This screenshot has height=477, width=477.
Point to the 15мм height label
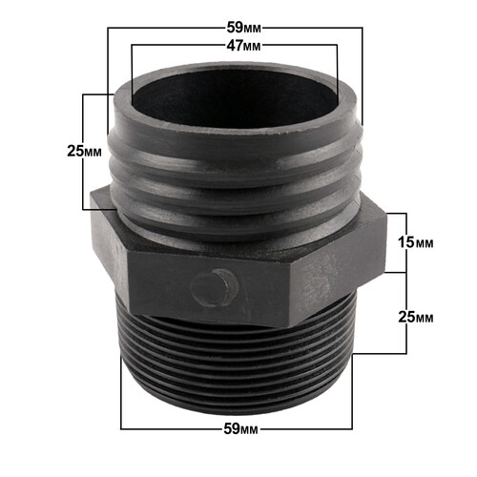(x=420, y=243)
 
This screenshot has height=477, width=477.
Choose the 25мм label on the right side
(x=420, y=316)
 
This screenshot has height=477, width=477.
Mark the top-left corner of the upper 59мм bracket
(x=108, y=29)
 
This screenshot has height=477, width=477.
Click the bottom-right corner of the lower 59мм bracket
(x=355, y=426)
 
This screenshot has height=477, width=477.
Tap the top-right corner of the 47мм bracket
(x=340, y=45)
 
